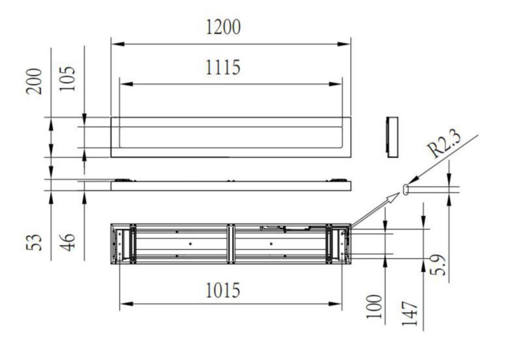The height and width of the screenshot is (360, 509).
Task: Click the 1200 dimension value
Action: tap(223, 27)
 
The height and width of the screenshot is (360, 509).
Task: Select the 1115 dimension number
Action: tap(223, 67)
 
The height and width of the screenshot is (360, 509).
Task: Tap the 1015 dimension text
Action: tap(223, 290)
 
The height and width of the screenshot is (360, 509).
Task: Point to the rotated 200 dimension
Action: tap(34, 81)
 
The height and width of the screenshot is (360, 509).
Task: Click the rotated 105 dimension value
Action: tap(67, 79)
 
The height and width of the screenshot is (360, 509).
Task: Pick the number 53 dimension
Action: tap(34, 243)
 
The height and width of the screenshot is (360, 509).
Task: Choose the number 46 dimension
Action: tap(67, 243)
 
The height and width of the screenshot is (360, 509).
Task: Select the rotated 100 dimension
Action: tap(374, 307)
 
